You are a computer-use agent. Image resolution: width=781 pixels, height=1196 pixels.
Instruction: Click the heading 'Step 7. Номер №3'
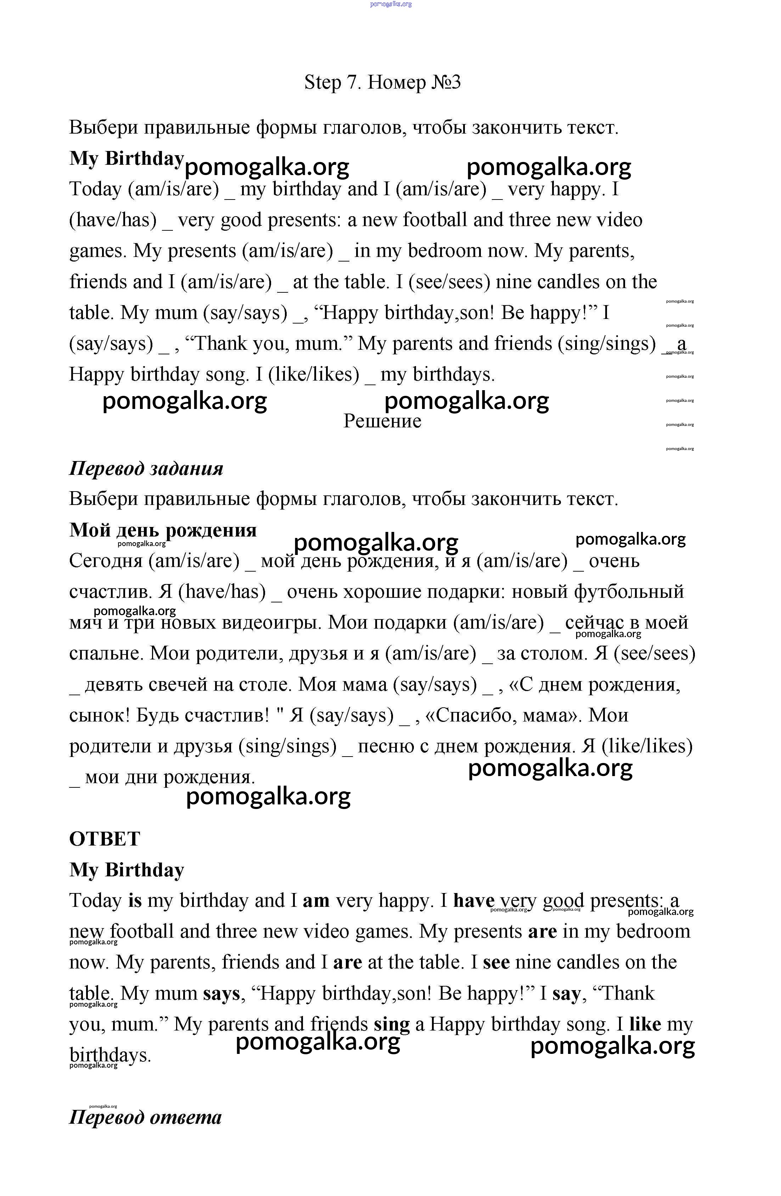pyautogui.click(x=382, y=83)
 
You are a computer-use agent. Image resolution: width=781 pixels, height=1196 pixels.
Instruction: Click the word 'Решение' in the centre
pyautogui.click(x=382, y=421)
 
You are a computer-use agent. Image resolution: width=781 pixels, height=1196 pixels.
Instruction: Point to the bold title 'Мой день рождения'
pyautogui.click(x=163, y=530)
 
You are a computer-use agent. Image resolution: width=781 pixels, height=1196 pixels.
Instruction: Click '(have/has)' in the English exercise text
pyautogui.click(x=113, y=220)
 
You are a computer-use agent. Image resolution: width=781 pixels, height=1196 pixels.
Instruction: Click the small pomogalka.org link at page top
pyautogui.click(x=390, y=4)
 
